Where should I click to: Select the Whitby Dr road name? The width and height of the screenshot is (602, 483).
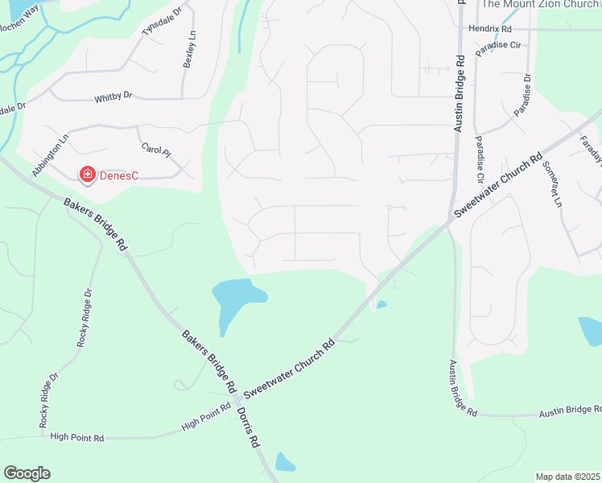point(113,96)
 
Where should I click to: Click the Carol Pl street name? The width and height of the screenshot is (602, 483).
point(156,151)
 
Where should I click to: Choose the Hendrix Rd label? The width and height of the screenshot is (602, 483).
point(491,29)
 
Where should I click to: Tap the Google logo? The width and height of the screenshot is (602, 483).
point(27,473)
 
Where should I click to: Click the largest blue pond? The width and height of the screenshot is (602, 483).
point(234,298)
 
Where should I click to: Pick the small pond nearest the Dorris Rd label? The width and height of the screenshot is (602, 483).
point(285,462)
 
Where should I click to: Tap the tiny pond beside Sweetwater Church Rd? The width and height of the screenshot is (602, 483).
point(381,304)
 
